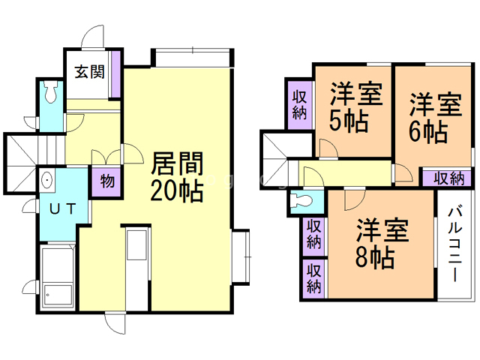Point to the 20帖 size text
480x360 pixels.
[178, 190]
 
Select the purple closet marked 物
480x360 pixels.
[106, 181]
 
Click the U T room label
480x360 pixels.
[62, 209]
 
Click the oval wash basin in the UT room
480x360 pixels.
[47, 180]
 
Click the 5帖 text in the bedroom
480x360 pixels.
[350, 121]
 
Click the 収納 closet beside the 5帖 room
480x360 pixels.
[298, 104]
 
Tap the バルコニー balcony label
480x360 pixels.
[454, 243]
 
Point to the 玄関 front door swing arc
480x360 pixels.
[94, 37]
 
